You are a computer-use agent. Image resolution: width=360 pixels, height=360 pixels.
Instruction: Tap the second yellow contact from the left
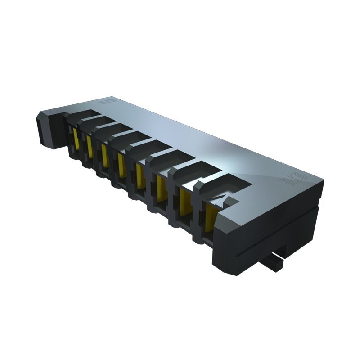(90, 147)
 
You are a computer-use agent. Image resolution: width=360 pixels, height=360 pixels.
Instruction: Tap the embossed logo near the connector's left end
(110, 102)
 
